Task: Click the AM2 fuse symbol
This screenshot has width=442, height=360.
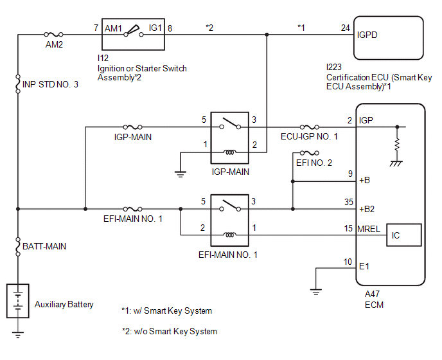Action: click(x=53, y=35)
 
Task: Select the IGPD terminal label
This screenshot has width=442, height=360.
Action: click(x=367, y=35)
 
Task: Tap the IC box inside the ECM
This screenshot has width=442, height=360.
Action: click(x=403, y=235)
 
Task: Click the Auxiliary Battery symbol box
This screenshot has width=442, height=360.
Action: click(x=18, y=301)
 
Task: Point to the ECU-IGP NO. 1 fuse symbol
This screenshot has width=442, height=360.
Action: click(x=309, y=127)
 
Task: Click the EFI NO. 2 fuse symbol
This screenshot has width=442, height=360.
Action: click(x=309, y=153)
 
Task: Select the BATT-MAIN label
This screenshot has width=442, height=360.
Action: click(x=44, y=246)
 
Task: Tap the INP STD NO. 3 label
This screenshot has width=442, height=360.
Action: click(x=50, y=84)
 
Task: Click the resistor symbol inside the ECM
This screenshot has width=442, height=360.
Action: click(x=397, y=145)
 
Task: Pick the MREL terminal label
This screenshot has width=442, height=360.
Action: click(x=369, y=229)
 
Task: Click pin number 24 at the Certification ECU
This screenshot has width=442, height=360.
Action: click(x=346, y=28)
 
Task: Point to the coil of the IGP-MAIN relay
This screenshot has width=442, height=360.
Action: click(x=230, y=152)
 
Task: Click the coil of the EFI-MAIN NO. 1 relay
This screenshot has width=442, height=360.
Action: click(x=230, y=235)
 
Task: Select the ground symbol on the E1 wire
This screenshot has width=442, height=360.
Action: click(x=315, y=292)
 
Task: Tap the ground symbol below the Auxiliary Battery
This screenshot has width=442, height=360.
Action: click(x=18, y=335)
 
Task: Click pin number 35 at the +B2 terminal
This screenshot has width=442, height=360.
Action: click(x=349, y=202)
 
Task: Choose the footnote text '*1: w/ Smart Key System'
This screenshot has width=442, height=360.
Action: click(x=166, y=310)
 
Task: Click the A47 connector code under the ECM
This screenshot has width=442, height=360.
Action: click(x=372, y=294)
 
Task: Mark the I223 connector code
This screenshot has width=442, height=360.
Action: click(x=334, y=67)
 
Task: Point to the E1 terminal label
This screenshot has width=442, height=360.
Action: click(x=364, y=266)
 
